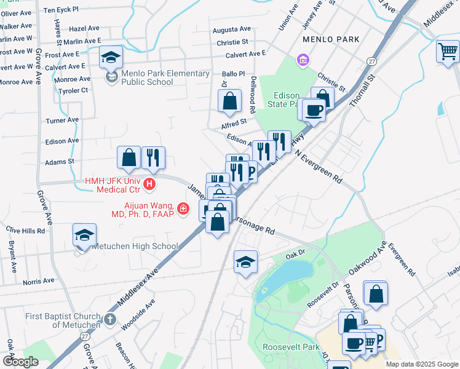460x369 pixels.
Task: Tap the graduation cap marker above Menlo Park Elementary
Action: [x=111, y=57]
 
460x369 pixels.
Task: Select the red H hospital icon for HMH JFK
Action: [x=148, y=184]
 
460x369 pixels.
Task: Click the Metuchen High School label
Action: [x=135, y=246]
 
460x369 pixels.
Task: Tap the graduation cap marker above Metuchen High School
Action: [x=85, y=235]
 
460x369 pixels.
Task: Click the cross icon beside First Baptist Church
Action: [x=110, y=319]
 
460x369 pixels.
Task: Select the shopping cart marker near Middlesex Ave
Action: [x=448, y=52]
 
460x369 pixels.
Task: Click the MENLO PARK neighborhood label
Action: [x=331, y=39]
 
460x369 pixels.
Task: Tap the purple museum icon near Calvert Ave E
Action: [x=303, y=60]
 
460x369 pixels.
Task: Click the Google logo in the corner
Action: [x=21, y=362]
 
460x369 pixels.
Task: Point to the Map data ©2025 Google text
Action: [x=421, y=364]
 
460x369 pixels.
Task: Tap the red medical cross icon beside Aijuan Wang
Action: [x=183, y=210]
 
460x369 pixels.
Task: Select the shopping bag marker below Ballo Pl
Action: [x=229, y=101]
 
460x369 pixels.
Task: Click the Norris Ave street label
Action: [x=39, y=282]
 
